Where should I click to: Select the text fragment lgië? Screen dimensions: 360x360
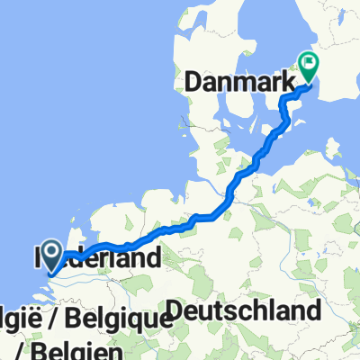point(22,319)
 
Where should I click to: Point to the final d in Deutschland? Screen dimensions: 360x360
point(314,312)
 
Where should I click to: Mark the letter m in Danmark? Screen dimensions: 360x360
point(244,82)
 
